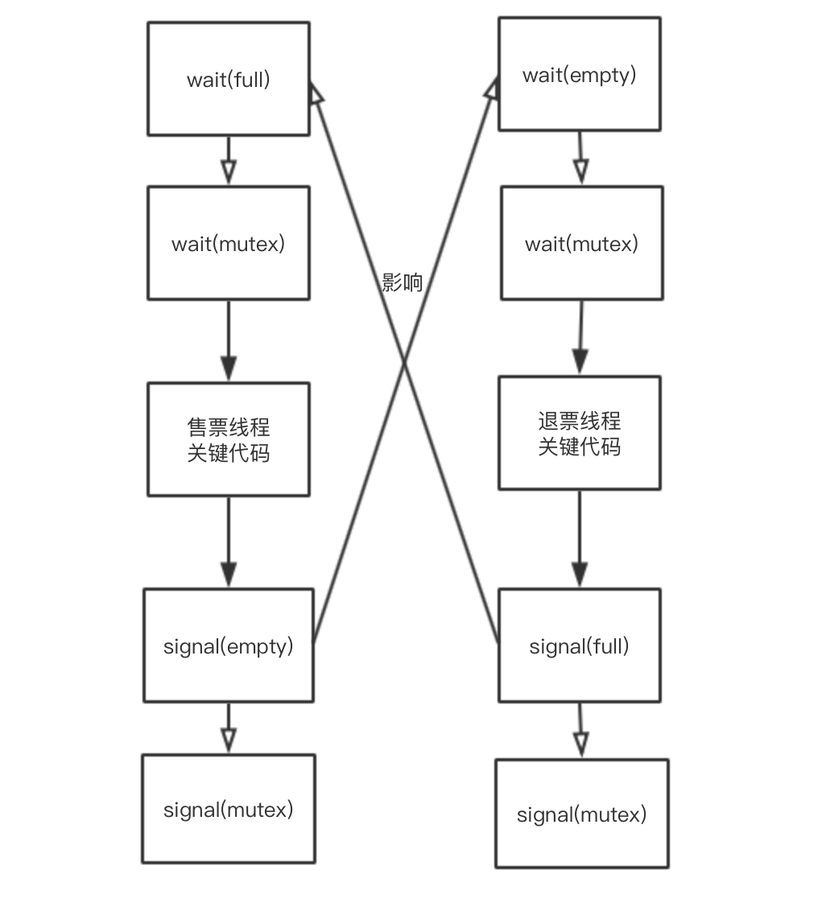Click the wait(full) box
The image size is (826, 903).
pyautogui.click(x=228, y=79)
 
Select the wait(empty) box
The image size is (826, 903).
pyautogui.click(x=579, y=74)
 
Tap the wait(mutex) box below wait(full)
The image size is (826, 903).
pyautogui.click(x=228, y=243)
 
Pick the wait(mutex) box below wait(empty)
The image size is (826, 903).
pyautogui.click(x=581, y=243)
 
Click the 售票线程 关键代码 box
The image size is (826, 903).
pyautogui.click(x=228, y=439)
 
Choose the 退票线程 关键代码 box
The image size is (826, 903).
pyautogui.click(x=579, y=433)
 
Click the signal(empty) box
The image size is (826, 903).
pyautogui.click(x=228, y=645)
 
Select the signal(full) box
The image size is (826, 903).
pyautogui.click(x=579, y=645)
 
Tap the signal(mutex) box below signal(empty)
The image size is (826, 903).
pyautogui.click(x=228, y=809)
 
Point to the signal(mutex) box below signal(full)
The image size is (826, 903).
pyautogui.click(x=581, y=814)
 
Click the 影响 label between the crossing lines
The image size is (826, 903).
pyautogui.click(x=402, y=282)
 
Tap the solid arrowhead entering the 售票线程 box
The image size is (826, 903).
pyautogui.click(x=229, y=368)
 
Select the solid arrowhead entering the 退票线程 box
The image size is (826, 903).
pyautogui.click(x=580, y=361)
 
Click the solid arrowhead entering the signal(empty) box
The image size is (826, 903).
pyautogui.click(x=229, y=575)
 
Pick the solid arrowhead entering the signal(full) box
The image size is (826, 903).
pyautogui.click(x=580, y=575)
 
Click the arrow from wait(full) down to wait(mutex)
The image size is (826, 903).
pyautogui.click(x=229, y=160)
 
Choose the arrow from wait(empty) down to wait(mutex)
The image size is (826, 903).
pyautogui.click(x=580, y=158)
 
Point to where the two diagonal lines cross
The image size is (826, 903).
pyautogui.click(x=403, y=364)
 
